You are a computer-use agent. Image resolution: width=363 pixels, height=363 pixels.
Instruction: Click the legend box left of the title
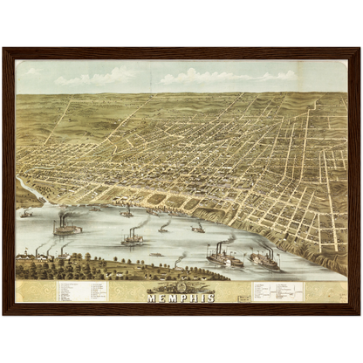(x=83, y=291)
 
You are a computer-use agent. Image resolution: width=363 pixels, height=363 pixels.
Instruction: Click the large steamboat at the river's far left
(x=66, y=228)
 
